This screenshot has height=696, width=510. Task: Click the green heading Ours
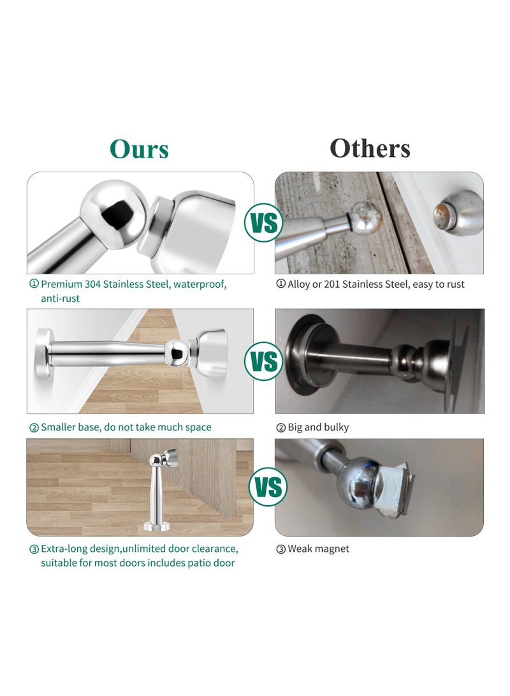(x=139, y=149)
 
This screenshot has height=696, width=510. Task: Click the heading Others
(x=370, y=148)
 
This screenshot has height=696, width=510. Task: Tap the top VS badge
(x=264, y=223)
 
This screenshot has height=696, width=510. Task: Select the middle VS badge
(x=264, y=362)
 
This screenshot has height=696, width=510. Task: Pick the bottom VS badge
(x=268, y=487)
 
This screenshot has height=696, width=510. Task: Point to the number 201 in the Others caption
(x=331, y=284)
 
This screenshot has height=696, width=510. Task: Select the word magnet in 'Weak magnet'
(x=332, y=549)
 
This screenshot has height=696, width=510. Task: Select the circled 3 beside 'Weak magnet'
(x=280, y=549)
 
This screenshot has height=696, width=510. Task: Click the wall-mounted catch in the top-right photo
(x=456, y=212)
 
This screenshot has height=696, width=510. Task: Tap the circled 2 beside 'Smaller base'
(x=34, y=427)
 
